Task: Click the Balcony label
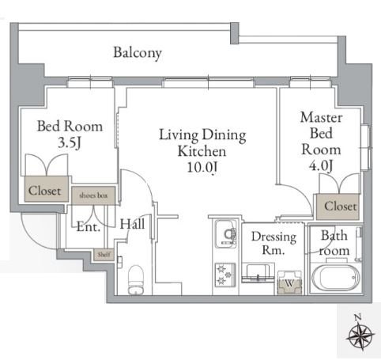point(138,53)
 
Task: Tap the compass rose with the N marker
point(360,334)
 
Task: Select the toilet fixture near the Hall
point(136,280)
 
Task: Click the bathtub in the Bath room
point(335,279)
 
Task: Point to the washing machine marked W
point(289,282)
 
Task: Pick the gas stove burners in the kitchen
point(225,275)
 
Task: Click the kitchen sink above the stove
point(226,234)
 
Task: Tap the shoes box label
point(93,195)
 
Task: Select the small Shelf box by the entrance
point(104,255)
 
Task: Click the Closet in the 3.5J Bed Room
point(47,189)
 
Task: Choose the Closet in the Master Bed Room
point(338,207)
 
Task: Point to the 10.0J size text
point(202,167)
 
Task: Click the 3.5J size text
point(70,143)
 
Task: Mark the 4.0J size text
point(321,166)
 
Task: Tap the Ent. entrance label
point(89,227)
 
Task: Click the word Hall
point(132,225)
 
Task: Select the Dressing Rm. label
point(273,243)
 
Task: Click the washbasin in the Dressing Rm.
point(258,272)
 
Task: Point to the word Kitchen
point(202,151)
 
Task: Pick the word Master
point(322,117)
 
